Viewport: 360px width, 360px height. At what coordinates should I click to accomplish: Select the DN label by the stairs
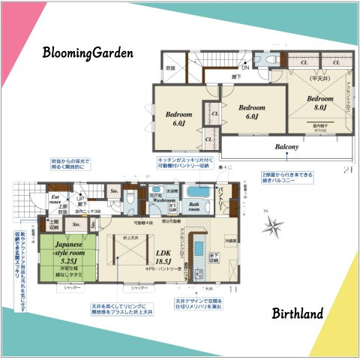[x=244, y=67]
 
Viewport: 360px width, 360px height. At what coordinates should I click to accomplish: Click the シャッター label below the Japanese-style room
[x=72, y=287]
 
